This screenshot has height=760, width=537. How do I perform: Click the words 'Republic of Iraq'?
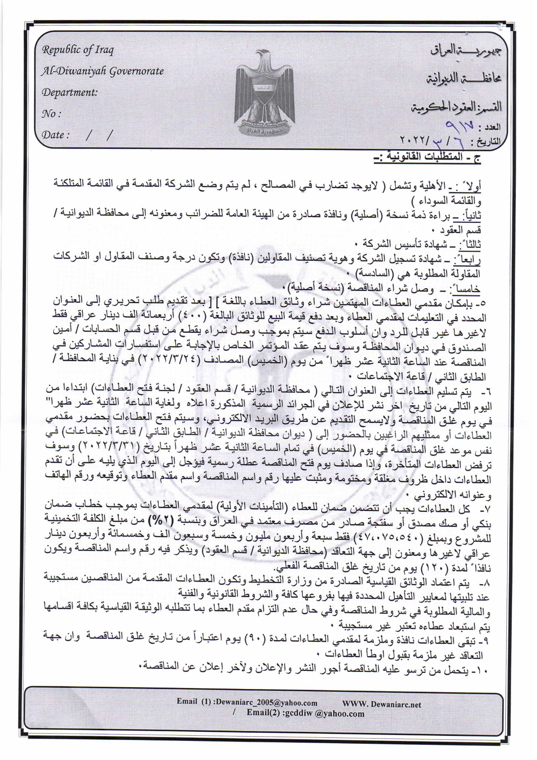[x=78, y=50]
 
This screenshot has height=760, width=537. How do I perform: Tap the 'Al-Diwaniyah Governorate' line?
[x=102, y=71]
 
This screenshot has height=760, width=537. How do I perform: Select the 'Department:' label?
[x=70, y=92]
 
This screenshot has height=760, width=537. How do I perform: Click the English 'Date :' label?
[x=55, y=135]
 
